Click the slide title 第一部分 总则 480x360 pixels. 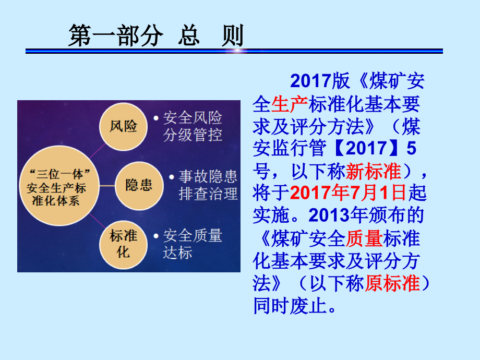pyautogui.click(x=156, y=35)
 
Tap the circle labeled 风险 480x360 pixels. pyautogui.click(x=123, y=126)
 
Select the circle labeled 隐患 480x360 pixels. pyautogui.click(x=139, y=186)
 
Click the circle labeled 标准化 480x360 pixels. pyautogui.click(x=123, y=245)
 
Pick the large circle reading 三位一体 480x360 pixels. pyautogui.click(x=59, y=186)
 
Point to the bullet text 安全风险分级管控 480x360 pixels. pyautogui.click(x=193, y=126)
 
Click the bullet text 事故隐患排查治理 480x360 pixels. pyautogui.click(x=208, y=185)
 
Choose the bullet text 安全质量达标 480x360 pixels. pyautogui.click(x=193, y=244)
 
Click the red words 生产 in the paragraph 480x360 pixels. pyautogui.click(x=290, y=104)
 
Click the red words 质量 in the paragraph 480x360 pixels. pyautogui.click(x=364, y=238)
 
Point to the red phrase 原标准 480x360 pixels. pyautogui.click(x=392, y=283)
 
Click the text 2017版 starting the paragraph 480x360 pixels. pyautogui.click(x=320, y=81)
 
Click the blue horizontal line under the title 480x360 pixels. pyautogui.click(x=234, y=51)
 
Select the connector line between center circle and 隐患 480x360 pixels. pyautogui.click(x=107, y=186)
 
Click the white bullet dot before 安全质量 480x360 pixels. pyautogui.click(x=156, y=236)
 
